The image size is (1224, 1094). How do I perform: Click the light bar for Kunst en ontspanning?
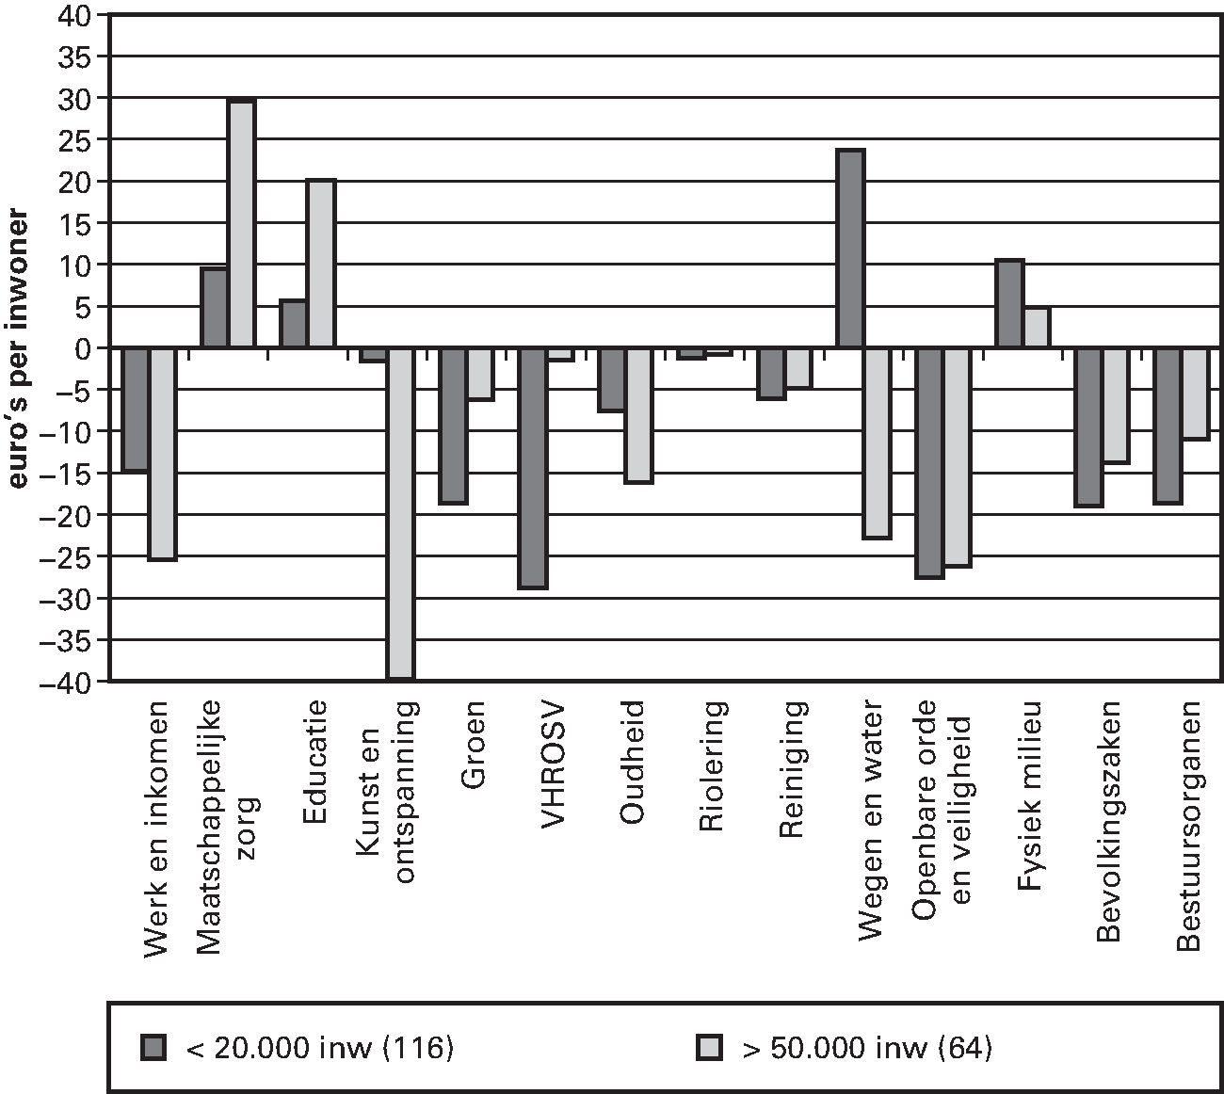point(401,513)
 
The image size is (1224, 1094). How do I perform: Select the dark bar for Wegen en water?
point(851,249)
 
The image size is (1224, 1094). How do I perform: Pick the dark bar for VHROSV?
point(533,468)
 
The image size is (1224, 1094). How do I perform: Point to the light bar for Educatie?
point(321,264)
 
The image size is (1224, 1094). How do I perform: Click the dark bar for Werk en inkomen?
point(136,410)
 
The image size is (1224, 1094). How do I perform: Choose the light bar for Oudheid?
point(639,415)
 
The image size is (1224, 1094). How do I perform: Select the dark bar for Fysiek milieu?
point(1009,304)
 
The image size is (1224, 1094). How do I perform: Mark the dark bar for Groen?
point(453,426)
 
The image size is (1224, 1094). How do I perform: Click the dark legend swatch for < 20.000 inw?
point(153,1047)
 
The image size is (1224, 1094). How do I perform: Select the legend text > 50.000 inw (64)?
point(866,1047)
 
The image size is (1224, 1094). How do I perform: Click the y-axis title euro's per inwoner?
point(19,347)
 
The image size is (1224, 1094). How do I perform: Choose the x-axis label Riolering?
point(713,766)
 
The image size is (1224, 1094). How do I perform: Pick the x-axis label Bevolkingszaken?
point(1109,820)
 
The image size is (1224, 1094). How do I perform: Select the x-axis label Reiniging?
point(792,768)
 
